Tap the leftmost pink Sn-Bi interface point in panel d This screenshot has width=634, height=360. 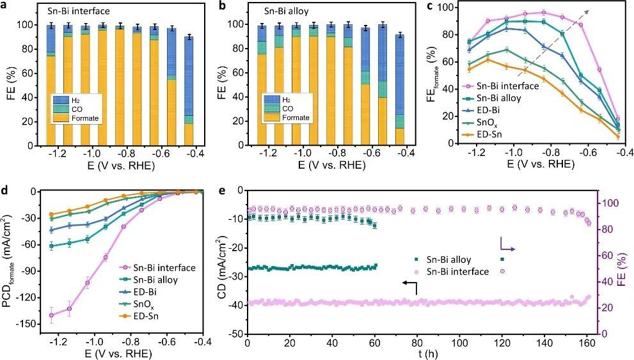[51, 315]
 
